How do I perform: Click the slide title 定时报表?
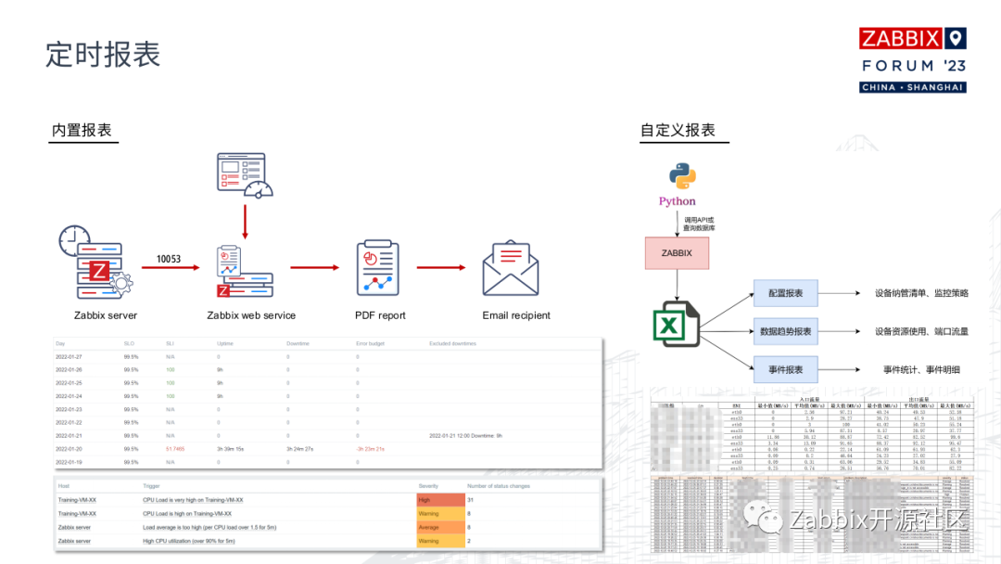[103, 54]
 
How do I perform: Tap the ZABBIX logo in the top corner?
[912, 39]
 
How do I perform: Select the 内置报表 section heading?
[82, 131]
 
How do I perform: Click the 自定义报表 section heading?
[678, 131]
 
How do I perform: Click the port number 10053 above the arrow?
[169, 259]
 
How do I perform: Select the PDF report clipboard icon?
[379, 268]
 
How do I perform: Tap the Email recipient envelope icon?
[511, 268]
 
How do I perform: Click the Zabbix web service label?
[250, 315]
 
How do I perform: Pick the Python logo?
[677, 176]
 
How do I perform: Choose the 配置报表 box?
[785, 293]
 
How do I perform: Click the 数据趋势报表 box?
[785, 331]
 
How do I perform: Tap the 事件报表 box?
[785, 370]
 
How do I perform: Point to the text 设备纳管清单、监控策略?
[921, 293]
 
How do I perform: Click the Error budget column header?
[370, 343]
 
